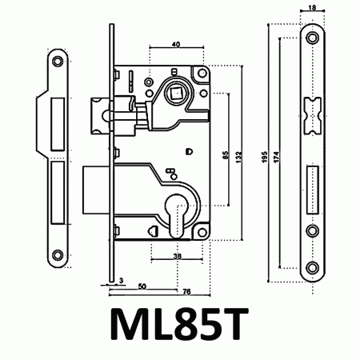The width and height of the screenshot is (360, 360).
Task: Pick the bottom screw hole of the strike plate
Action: click(57, 258)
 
